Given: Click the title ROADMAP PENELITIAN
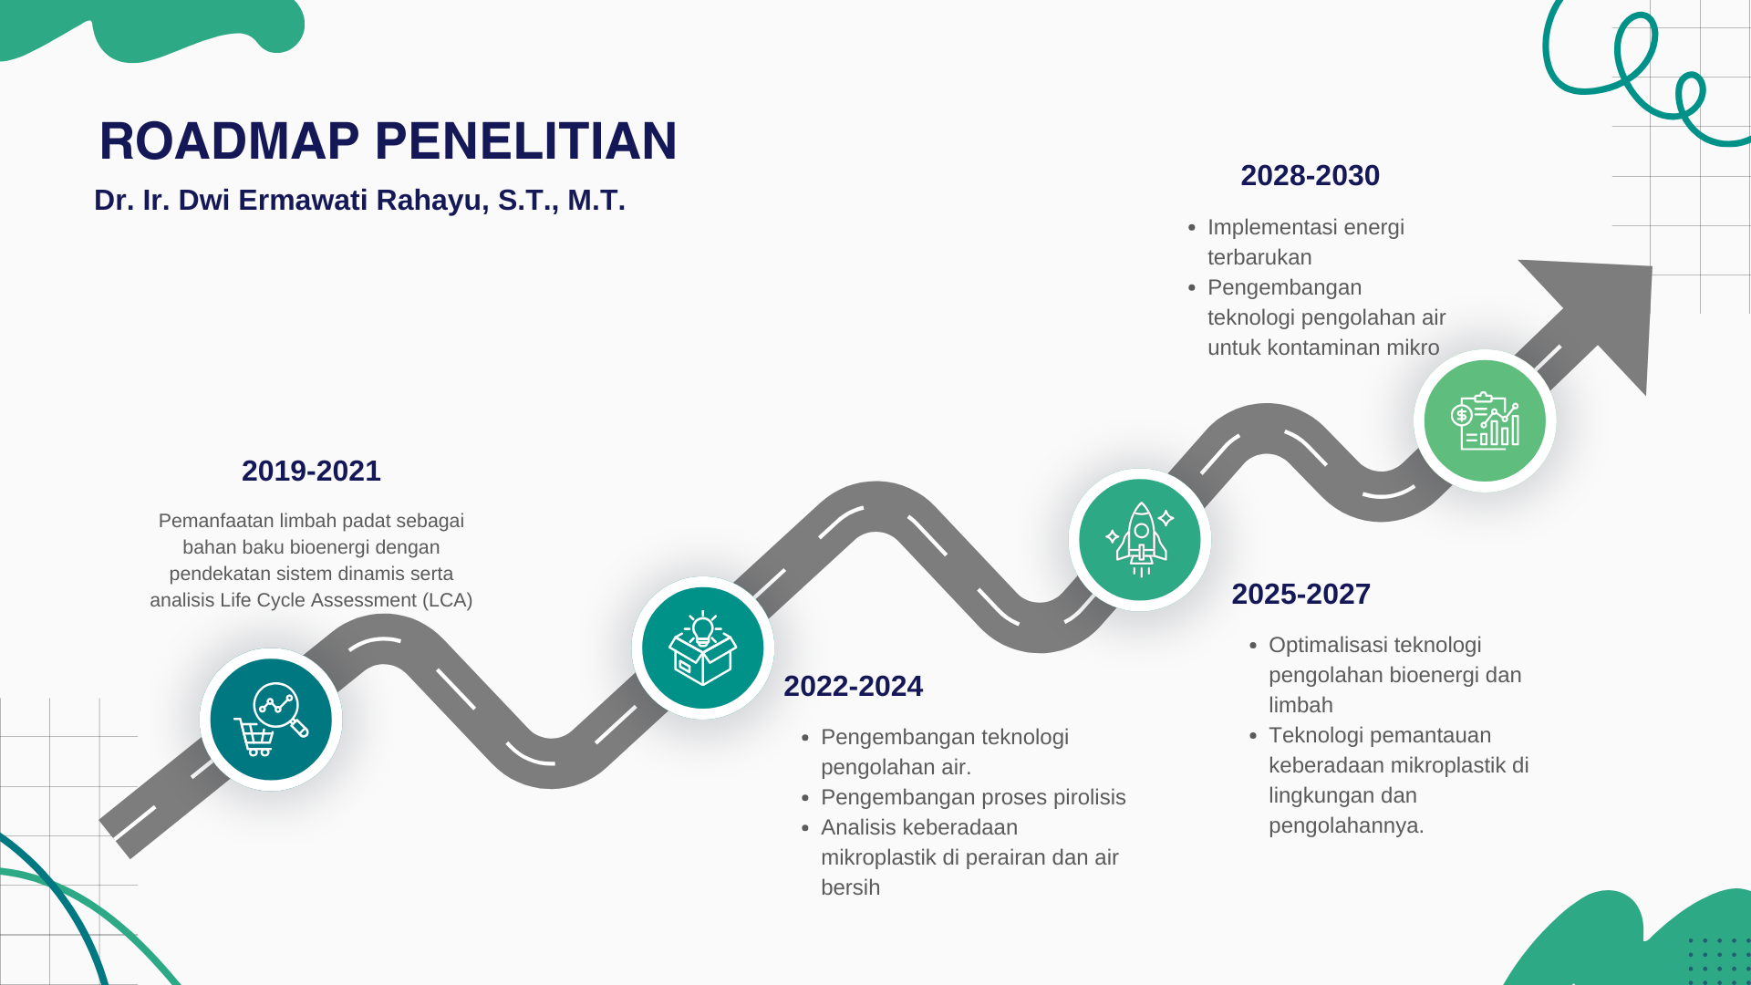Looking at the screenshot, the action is tap(388, 141).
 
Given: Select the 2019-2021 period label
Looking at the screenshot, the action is tap(311, 471).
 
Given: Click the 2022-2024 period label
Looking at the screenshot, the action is tap(853, 686).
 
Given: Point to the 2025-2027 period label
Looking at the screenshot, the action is tap(1300, 594).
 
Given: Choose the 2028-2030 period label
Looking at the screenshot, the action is tap(1310, 175).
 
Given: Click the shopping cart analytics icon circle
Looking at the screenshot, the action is tap(271, 720).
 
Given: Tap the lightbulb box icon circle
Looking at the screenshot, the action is tap(703, 648).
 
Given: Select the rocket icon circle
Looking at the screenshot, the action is tap(1140, 540).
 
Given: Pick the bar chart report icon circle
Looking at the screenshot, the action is tap(1485, 420).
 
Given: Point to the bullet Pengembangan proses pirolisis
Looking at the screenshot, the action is tap(973, 797).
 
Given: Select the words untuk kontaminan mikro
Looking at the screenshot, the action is tap(1323, 347).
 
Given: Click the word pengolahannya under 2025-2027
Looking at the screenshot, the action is tap(1346, 825).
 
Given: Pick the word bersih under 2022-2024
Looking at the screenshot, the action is tap(850, 887).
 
